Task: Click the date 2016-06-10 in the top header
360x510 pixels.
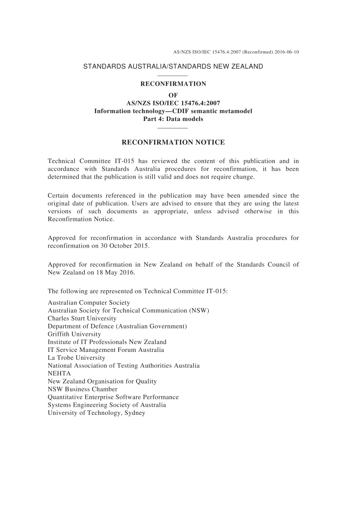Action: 286,52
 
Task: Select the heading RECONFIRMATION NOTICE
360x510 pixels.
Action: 173,143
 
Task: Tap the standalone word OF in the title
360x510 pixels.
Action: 173,95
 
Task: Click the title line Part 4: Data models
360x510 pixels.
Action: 173,119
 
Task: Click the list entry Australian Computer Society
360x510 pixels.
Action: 89,303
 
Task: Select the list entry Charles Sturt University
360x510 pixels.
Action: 82,319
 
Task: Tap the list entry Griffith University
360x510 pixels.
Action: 74,334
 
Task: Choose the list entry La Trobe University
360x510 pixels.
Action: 77,358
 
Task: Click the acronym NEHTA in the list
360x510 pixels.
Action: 59,373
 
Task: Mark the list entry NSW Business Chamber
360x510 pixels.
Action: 83,389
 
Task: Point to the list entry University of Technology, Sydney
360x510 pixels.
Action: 96,413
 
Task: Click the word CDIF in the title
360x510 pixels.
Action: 180,111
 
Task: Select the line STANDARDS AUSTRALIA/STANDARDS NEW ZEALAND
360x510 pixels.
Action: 173,67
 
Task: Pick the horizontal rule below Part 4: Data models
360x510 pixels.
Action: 172,128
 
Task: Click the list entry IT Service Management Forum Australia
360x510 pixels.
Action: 106,350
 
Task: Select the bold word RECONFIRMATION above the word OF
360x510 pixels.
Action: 173,84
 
